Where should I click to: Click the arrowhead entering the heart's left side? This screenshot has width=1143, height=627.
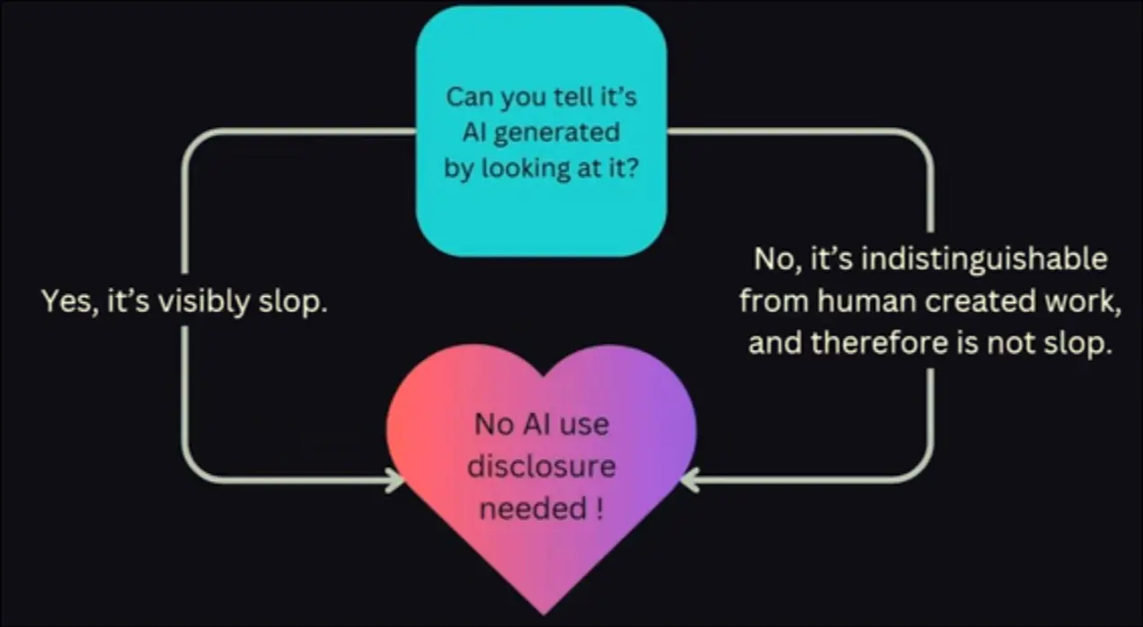click(x=395, y=480)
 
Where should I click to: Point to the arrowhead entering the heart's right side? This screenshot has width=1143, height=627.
click(x=689, y=480)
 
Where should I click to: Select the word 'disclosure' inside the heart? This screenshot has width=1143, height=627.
click(x=541, y=466)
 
